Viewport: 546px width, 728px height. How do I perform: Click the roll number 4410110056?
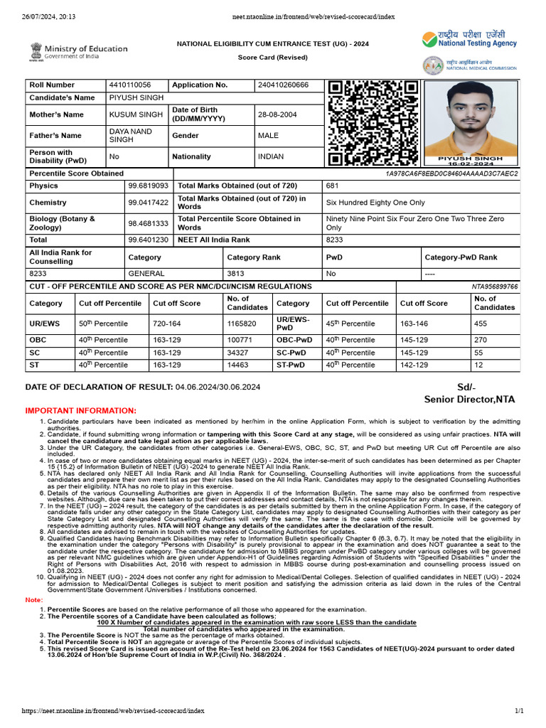[129, 85]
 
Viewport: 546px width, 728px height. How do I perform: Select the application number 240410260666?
[283, 85]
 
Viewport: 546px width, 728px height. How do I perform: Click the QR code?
[373, 123]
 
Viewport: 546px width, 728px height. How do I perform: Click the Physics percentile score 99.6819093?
[148, 186]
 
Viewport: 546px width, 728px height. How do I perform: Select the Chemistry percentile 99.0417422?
[148, 203]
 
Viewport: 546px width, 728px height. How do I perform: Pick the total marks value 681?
[333, 186]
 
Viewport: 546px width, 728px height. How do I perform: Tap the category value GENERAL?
[146, 273]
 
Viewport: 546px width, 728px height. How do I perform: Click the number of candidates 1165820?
[241, 323]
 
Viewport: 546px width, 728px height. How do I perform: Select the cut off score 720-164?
[167, 323]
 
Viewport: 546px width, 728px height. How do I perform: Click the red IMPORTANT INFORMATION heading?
[80, 411]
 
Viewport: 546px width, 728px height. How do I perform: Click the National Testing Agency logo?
[470, 41]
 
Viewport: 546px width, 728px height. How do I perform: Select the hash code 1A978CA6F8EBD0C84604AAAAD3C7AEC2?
[451, 174]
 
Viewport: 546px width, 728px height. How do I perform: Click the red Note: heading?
[34, 601]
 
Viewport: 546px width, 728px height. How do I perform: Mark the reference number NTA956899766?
[495, 287]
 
